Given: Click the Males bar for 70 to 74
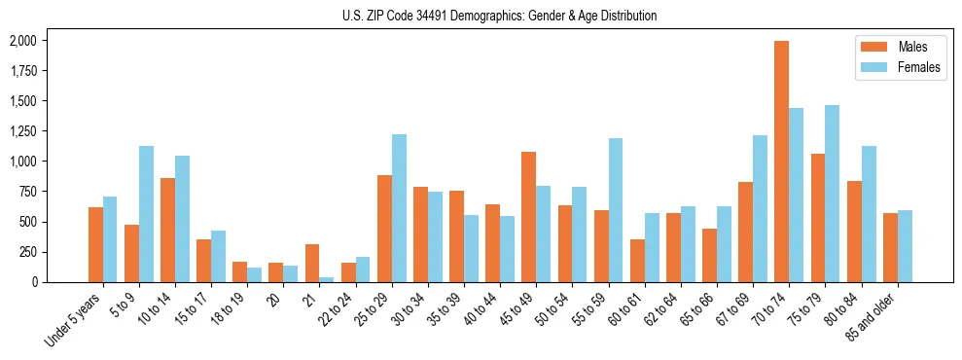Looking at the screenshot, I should (x=781, y=162).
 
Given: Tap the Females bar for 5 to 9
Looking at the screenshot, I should (x=146, y=214).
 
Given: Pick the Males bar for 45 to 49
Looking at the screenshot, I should (x=528, y=217).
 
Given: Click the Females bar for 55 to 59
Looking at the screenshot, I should (x=616, y=210).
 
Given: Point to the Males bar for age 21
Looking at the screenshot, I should (x=311, y=263).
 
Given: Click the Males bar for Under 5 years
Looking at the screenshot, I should (x=95, y=244).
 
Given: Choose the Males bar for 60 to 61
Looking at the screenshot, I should (x=637, y=261).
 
